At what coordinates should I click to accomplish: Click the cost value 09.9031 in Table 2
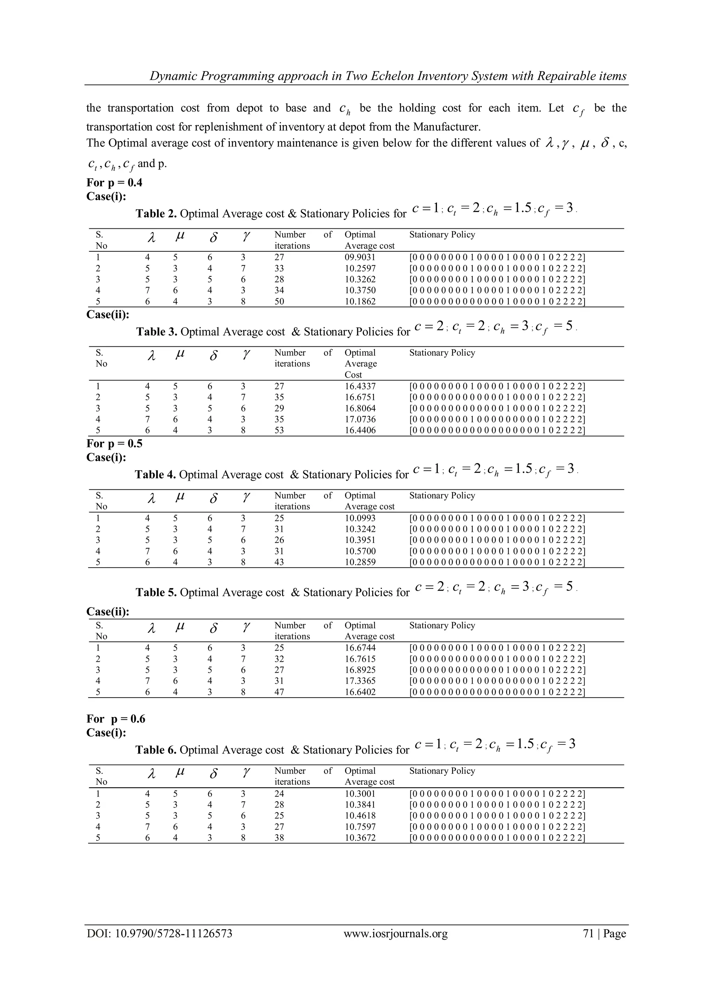[x=360, y=258]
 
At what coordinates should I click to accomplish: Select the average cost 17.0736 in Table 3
[x=360, y=419]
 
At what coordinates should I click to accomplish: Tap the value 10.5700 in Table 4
[x=360, y=551]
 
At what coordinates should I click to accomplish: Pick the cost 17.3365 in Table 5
[x=360, y=681]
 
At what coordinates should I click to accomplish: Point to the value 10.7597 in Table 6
[x=360, y=827]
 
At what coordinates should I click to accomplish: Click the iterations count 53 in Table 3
[x=279, y=430]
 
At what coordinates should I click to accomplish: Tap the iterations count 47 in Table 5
[x=279, y=692]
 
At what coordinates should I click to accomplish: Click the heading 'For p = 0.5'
[x=115, y=443]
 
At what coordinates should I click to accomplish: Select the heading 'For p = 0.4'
[x=115, y=183]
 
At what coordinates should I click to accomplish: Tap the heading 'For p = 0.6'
[x=116, y=719]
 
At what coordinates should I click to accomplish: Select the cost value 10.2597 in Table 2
[x=360, y=269]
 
